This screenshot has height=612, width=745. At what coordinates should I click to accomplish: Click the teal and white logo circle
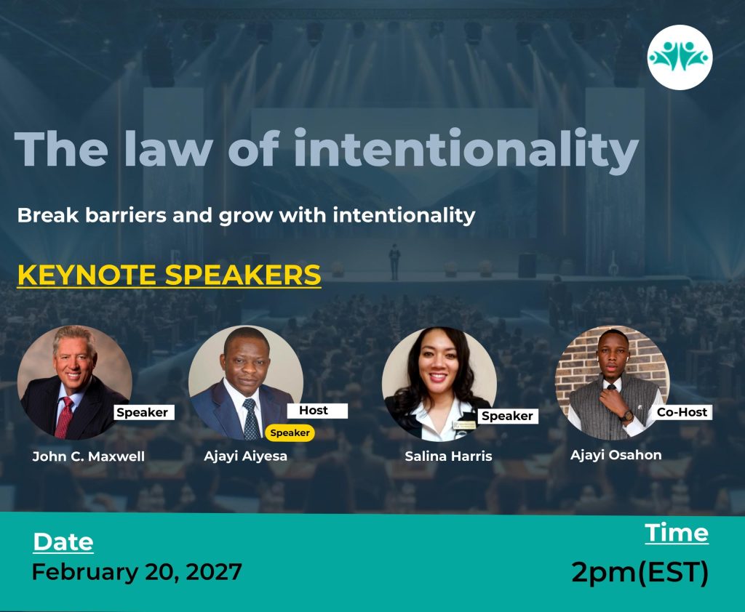point(680,57)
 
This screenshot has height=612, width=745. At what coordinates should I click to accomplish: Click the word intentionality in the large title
point(466,150)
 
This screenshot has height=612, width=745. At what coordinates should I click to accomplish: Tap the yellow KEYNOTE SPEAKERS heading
point(169,275)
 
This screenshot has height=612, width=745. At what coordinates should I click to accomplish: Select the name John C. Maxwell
point(88,456)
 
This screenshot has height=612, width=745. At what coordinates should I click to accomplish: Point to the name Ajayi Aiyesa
point(246,456)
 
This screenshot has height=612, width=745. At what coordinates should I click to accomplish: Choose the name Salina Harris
point(448,456)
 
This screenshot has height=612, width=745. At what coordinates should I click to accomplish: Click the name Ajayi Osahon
point(615,455)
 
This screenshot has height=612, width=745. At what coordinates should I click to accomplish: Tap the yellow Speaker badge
point(290,432)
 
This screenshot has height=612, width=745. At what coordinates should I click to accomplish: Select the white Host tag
point(317,411)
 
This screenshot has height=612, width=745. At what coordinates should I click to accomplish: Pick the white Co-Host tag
point(682,412)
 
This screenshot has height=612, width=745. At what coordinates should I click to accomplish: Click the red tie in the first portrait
point(64,418)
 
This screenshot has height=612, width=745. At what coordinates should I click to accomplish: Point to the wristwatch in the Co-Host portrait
point(627,416)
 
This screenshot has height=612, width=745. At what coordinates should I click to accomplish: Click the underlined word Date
point(63,541)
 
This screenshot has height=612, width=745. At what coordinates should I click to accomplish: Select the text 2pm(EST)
point(640,571)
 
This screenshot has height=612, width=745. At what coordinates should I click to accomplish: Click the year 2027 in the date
point(214,571)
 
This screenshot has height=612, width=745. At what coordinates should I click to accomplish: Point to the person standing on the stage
point(394,262)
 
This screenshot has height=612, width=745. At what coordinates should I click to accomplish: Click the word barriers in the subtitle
point(126,215)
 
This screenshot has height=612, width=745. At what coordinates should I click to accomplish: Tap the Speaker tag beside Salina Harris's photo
point(507,416)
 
